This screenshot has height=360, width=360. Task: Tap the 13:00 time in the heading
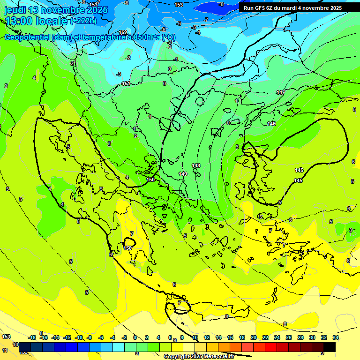coord(18,21)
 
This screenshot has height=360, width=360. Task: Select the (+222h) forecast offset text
coord(83,21)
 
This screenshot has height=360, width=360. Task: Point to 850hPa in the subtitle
coord(143,37)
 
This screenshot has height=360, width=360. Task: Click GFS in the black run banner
coord(262,8)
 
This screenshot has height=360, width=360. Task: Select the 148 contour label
coord(196,165)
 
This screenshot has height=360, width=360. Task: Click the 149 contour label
coord(183,174)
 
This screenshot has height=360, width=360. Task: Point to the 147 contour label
coord(280,92)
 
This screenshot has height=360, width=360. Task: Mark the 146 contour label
coord(271,124)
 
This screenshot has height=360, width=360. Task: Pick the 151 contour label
coord(126,84)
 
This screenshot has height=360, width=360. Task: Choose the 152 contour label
coord(123,32)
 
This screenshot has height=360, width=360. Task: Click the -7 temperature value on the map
coord(206,20)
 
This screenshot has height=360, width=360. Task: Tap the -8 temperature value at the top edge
coord(222,4)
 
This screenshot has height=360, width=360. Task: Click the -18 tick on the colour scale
coord(32,337)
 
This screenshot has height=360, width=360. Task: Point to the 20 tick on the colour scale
coord(254,337)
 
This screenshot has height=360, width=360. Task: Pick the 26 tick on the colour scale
coord(289,337)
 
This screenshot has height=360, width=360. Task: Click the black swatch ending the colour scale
coord(329,347)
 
